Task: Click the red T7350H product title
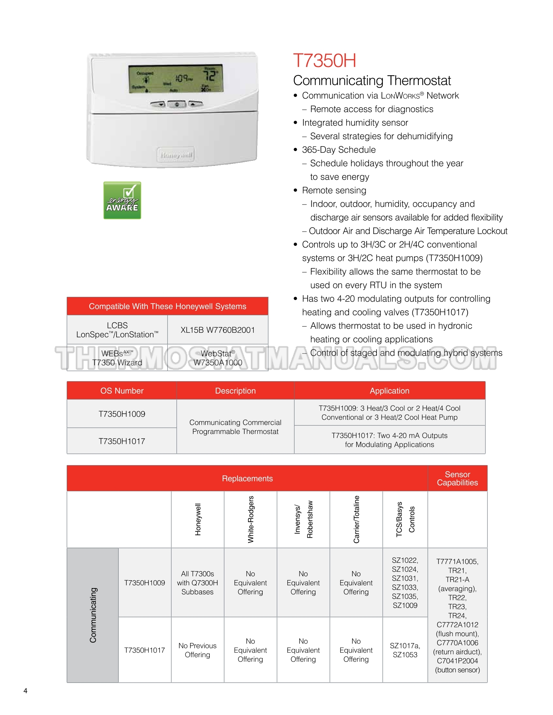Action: click(x=324, y=61)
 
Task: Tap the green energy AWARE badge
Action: click(x=122, y=200)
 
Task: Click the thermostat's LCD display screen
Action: click(x=176, y=79)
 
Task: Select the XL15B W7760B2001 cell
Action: click(x=218, y=330)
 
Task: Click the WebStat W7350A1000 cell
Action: click(x=218, y=358)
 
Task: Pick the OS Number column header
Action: click(x=122, y=391)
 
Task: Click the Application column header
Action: click(x=389, y=391)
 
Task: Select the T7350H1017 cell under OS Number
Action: click(x=122, y=441)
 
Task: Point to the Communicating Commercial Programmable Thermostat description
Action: click(x=235, y=427)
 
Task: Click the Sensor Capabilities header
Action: click(x=457, y=478)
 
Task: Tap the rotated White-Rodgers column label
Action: click(x=251, y=519)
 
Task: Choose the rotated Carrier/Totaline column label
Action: click(x=356, y=519)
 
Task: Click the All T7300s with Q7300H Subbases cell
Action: click(x=197, y=583)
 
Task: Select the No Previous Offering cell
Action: click(x=197, y=650)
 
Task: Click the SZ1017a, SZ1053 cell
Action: click(x=405, y=650)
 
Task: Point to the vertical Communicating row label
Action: click(x=93, y=615)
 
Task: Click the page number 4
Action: click(x=25, y=691)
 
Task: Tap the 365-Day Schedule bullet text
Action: click(x=339, y=150)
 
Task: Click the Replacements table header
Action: click(x=247, y=478)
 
